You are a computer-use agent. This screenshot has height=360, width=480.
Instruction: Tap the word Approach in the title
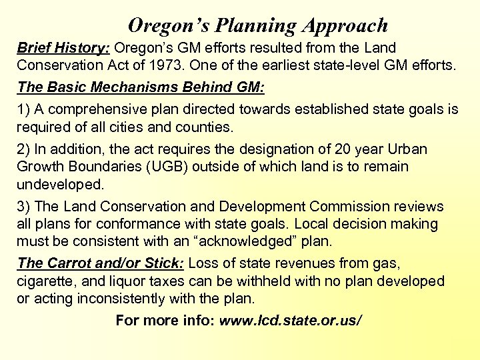(345, 25)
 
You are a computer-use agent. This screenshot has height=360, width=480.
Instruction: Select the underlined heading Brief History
(63, 48)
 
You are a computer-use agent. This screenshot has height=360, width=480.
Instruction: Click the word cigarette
(45, 281)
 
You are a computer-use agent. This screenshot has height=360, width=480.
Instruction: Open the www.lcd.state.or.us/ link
(291, 321)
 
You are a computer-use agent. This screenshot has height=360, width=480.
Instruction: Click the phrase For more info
(163, 321)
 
